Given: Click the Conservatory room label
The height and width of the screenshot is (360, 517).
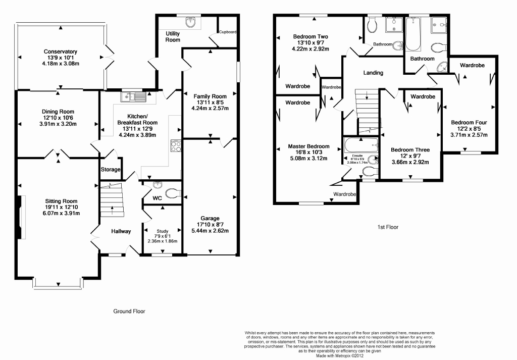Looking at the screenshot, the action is pyautogui.click(x=60, y=52).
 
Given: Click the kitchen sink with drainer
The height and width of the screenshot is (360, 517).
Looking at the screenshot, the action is pyautogui.click(x=133, y=96).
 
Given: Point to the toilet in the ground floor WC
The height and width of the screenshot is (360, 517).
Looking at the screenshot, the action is pyautogui.click(x=172, y=193).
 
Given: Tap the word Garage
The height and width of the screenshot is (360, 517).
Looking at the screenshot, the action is pyautogui.click(x=209, y=219).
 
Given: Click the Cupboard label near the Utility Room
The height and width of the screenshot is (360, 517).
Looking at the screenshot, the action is pyautogui.click(x=228, y=32).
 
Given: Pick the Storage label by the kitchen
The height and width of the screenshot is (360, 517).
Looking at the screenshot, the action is pyautogui.click(x=111, y=170).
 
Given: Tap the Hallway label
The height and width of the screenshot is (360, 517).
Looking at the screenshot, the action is pyautogui.click(x=121, y=231).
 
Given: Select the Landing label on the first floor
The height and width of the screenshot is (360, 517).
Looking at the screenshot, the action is pyautogui.click(x=373, y=73).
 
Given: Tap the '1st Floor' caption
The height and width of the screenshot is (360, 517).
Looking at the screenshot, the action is pyautogui.click(x=388, y=227).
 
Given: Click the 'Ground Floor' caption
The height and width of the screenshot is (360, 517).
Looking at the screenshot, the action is pyautogui.click(x=129, y=312).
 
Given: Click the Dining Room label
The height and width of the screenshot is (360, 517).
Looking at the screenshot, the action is pyautogui.click(x=58, y=112).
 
